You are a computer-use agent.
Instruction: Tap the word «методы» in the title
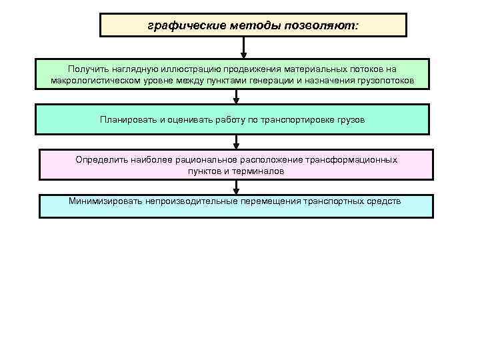[246, 26]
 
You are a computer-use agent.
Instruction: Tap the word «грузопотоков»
[385, 81]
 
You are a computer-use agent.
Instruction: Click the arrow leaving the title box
[244, 47]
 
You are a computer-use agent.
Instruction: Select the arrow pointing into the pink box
[237, 142]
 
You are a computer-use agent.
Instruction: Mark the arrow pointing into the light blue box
[237, 187]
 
